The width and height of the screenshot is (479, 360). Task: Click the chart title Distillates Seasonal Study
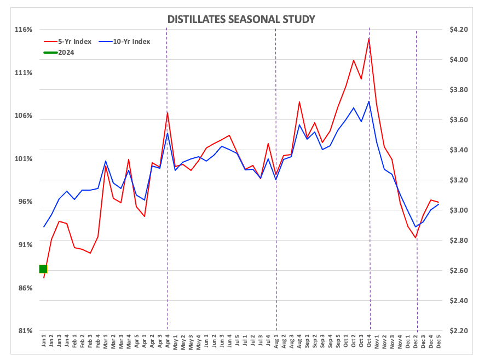[241, 20]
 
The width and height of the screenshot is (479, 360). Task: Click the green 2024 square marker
[43, 269]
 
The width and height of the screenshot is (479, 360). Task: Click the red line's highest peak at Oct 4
[369, 38]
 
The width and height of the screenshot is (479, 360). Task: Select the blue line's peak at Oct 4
[369, 101]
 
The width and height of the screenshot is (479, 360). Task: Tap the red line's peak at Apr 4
[167, 113]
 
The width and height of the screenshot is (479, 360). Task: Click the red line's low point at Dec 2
[416, 238]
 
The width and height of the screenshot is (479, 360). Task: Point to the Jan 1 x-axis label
[44, 344]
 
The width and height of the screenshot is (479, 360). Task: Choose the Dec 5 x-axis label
[439, 344]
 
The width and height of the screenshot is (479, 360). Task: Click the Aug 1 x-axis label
[276, 344]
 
